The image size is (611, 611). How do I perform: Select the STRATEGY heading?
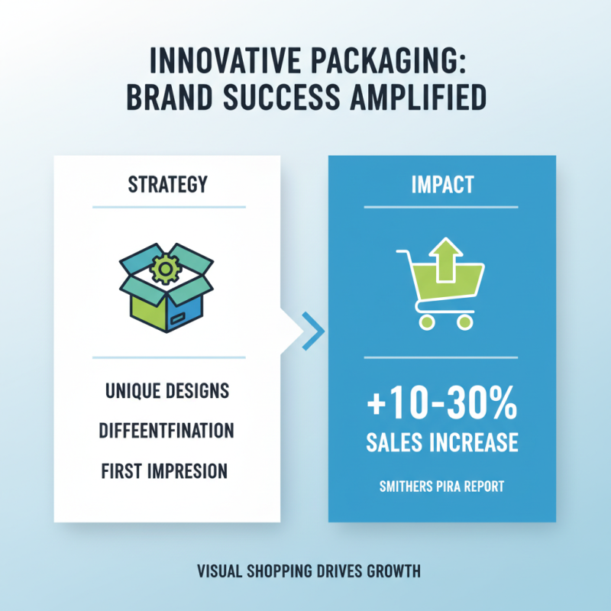[x=169, y=186]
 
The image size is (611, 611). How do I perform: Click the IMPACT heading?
[x=441, y=186]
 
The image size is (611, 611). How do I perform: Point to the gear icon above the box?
[x=166, y=267]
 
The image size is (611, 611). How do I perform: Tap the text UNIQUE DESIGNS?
[x=166, y=390]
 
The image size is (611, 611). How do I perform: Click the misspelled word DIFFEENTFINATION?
[x=166, y=431]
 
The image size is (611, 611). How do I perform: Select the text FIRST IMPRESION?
[x=165, y=471]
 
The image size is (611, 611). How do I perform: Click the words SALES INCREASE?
[x=441, y=442]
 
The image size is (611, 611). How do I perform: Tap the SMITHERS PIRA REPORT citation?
[x=441, y=486]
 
